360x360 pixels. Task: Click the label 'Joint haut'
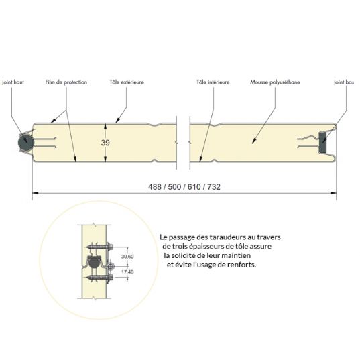coord(15,82)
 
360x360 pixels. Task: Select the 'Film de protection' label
coord(66,82)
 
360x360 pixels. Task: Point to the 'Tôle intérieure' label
coord(213,82)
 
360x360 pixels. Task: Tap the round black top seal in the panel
coord(25,141)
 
